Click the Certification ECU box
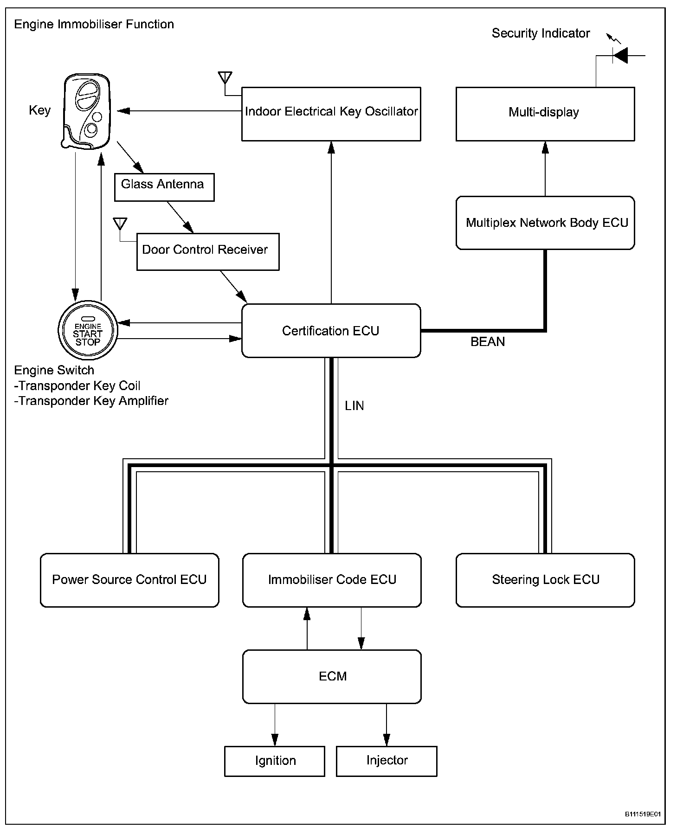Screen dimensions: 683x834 [331, 331]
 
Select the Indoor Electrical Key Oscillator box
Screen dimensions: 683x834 [331, 114]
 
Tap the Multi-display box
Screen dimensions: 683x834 [545, 114]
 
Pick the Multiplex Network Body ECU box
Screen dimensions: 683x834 [545, 223]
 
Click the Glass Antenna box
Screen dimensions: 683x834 [164, 187]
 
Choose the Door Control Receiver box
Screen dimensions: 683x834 [208, 251]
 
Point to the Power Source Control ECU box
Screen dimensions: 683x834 [129, 580]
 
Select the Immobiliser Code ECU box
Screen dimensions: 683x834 [332, 580]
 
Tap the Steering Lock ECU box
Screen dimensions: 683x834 [545, 580]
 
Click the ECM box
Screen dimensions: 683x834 [332, 676]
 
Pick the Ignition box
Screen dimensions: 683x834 [275, 761]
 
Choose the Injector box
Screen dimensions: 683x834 [387, 761]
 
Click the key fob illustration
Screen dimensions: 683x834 [86, 111]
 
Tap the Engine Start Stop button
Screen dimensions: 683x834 [88, 331]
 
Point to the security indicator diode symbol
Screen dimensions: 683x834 [620, 56]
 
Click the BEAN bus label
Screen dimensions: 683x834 [488, 342]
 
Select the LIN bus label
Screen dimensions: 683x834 [354, 406]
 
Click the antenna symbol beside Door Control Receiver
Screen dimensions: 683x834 [120, 224]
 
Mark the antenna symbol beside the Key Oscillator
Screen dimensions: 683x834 [225, 77]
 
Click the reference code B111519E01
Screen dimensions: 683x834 [643, 814]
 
